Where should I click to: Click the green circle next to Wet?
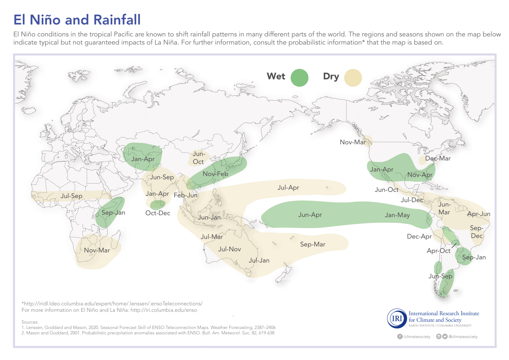coord(299,78)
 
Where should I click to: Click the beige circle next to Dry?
coord(353,78)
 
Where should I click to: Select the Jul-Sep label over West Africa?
coord(71,196)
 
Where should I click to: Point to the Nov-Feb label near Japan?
coord(215,174)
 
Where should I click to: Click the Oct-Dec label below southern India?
coord(158,213)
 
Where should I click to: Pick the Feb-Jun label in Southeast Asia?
coord(186,195)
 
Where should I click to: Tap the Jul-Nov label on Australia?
coord(229,249)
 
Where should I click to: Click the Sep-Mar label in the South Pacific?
coord(312,244)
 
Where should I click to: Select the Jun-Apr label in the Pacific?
coord(310,215)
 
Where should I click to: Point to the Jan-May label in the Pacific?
coord(397,215)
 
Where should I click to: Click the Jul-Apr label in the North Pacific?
coord(288,188)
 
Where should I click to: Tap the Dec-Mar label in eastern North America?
coord(438,159)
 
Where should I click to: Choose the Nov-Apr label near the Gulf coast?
coord(420,175)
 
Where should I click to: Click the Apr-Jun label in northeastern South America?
coord(479,214)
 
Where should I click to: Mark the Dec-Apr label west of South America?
coord(419,236)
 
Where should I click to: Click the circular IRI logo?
coord(397,319)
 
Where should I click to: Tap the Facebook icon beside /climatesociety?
coord(400,336)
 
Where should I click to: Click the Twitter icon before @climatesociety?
coord(445,336)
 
